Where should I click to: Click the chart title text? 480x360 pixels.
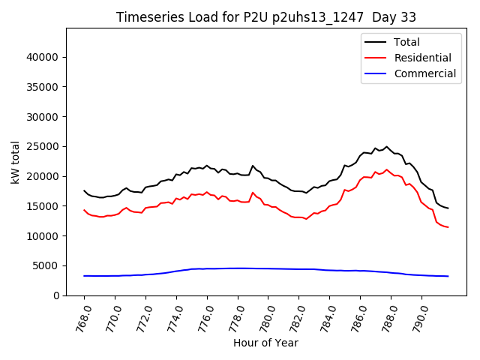click(266, 16)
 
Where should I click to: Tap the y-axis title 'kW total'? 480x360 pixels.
click(16, 161)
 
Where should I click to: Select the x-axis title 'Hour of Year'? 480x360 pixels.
click(265, 343)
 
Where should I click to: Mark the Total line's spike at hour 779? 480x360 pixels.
click(253, 166)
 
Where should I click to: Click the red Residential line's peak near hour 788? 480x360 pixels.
click(387, 169)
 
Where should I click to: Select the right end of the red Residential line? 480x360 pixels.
click(448, 227)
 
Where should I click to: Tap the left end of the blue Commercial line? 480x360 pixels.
click(84, 276)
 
